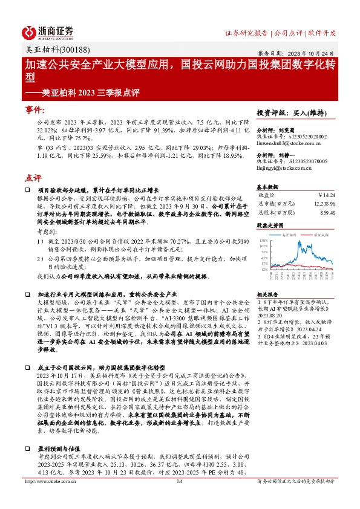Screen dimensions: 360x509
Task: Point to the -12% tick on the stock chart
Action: pyautogui.click(x=263, y=270)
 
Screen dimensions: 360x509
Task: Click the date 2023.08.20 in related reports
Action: pyautogui.click(x=272, y=314)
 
